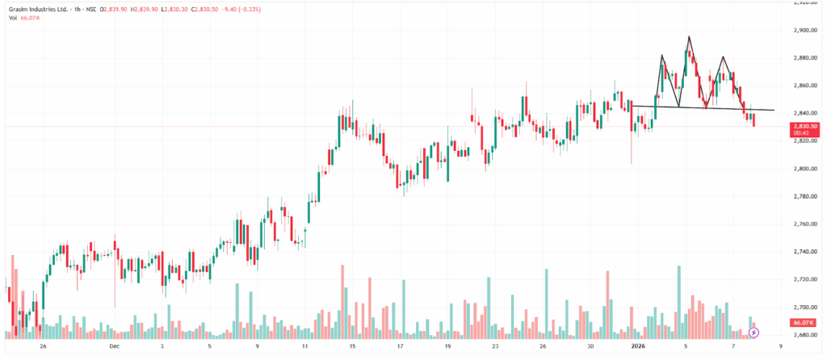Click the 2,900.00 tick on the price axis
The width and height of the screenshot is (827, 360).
tap(804, 30)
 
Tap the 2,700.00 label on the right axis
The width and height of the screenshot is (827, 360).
tap(804, 307)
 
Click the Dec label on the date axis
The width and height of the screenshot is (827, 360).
tap(114, 345)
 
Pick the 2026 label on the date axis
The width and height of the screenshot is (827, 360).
tap(638, 345)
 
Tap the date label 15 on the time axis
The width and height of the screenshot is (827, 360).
tap(352, 345)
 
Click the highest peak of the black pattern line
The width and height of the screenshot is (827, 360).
tap(689, 37)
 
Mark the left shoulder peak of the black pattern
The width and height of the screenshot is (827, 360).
tap(661, 56)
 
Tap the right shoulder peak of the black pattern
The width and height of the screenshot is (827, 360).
tap(723, 57)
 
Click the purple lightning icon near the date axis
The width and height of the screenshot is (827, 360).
tap(754, 332)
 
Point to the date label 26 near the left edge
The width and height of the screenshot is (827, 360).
tap(44, 345)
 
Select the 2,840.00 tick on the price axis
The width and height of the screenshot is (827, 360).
tap(804, 113)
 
